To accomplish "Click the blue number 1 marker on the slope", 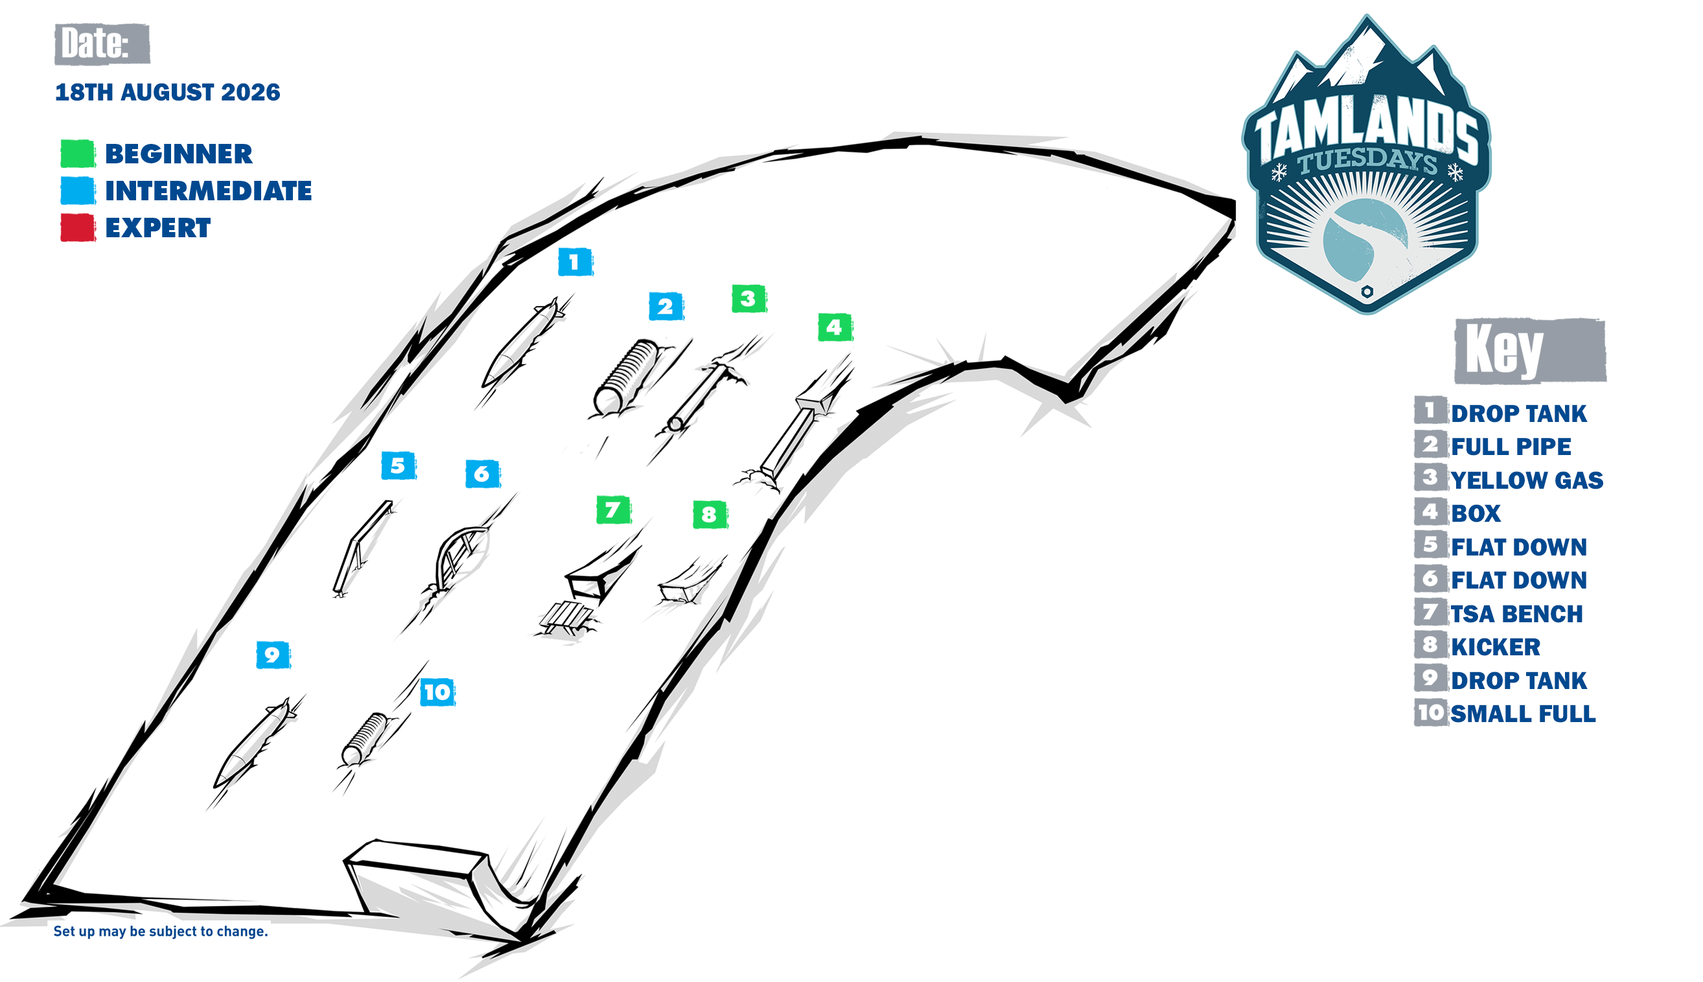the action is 575,263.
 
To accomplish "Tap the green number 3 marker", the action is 749,299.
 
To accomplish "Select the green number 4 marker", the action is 835,327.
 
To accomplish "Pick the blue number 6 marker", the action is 483,474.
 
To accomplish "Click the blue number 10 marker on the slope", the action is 437,692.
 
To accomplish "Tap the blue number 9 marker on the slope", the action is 273,655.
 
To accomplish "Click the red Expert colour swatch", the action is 78,228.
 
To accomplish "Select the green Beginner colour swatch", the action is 78,154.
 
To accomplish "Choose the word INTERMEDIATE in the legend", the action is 208,191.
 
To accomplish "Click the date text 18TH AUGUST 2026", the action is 167,93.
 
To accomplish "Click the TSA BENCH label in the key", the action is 1516,614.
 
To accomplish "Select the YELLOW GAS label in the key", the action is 1526,480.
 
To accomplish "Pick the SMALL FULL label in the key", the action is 1522,714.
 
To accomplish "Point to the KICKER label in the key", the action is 1496,648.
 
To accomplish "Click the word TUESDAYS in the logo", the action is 1368,161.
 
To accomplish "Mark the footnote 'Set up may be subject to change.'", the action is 161,931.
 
